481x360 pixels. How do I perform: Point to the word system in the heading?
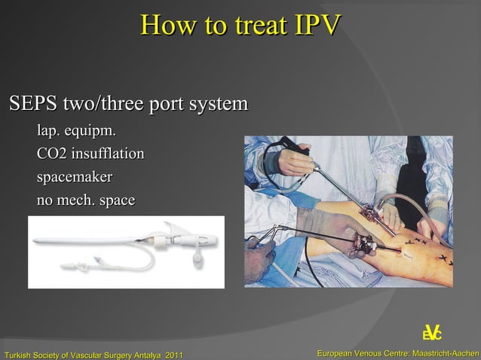pos(216,102)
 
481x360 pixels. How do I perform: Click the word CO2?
pos(51,154)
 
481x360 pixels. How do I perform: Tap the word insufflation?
pos(107,154)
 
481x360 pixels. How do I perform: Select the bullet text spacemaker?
pos(74,178)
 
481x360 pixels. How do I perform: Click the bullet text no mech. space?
pos(86,201)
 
